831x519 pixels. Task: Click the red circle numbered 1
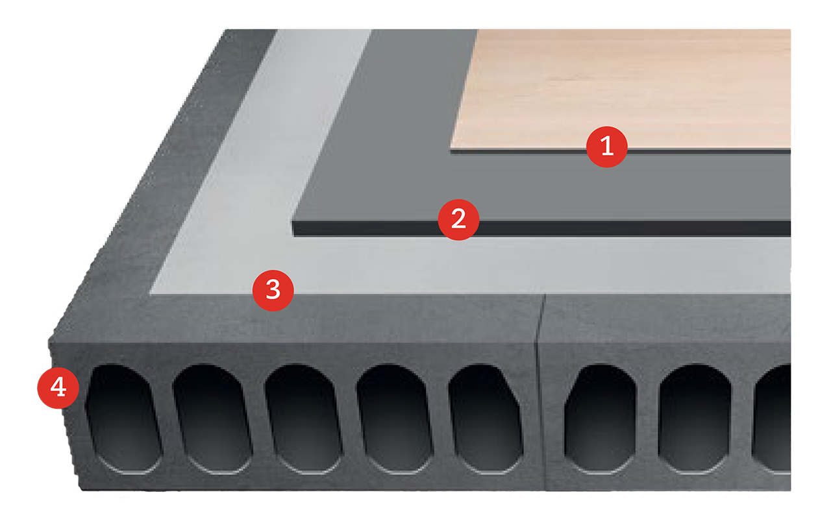[606, 147]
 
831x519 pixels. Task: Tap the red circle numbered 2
[458, 219]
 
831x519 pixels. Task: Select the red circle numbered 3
[273, 290]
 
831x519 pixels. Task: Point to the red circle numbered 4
[58, 388]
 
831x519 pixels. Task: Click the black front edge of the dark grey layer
[541, 229]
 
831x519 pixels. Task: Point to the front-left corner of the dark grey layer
[293, 223]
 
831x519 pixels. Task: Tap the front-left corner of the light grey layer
[150, 293]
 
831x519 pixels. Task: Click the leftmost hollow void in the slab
[124, 419]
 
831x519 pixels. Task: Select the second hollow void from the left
[213, 419]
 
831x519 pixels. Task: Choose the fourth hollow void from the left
[395, 419]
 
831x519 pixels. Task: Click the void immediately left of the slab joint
[486, 419]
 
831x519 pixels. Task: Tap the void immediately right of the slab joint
[601, 419]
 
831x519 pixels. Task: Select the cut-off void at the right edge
[773, 419]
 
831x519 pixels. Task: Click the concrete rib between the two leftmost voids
[167, 419]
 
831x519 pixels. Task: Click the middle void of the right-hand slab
[695, 419]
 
